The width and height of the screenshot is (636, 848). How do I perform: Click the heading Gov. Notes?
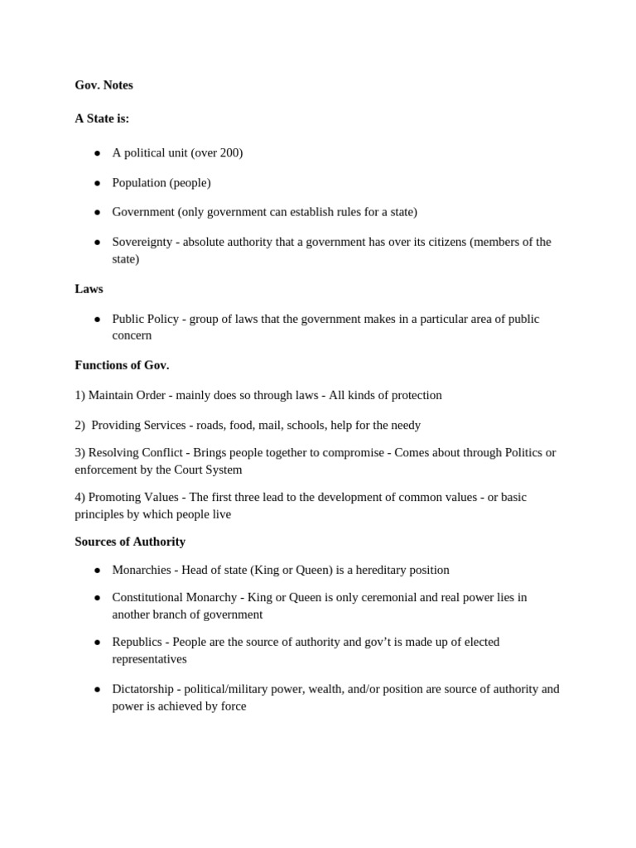(104, 85)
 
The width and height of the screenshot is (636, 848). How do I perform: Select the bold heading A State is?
(102, 118)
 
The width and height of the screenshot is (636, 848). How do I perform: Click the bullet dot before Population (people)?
(97, 183)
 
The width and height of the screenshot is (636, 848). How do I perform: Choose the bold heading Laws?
(89, 289)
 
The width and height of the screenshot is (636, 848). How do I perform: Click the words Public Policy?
(145, 319)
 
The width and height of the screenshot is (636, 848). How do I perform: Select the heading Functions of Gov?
(122, 365)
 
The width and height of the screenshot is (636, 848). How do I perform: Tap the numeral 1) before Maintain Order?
(79, 395)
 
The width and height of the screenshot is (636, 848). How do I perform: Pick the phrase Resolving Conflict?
(136, 452)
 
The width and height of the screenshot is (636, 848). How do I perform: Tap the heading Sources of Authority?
(130, 542)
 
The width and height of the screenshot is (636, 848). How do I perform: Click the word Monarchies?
(142, 570)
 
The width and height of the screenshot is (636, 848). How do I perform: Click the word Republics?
(137, 642)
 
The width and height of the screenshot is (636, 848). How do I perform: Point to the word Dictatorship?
(142, 689)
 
